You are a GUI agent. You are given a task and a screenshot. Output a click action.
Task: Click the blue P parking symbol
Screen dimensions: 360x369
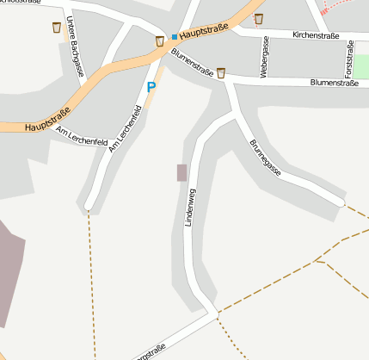pyautogui.click(x=151, y=87)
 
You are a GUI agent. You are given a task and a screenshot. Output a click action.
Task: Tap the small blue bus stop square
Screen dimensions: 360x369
pyautogui.click(x=174, y=37)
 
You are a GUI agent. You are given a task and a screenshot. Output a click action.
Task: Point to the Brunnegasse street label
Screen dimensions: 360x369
pyautogui.click(x=265, y=158)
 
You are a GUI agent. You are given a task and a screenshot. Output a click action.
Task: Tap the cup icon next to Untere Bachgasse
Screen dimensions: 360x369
pyautogui.click(x=57, y=28)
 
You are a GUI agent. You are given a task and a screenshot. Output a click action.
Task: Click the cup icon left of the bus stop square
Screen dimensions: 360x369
pyautogui.click(x=160, y=40)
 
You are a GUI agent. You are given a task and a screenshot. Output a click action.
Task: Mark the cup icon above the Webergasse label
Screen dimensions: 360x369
pyautogui.click(x=259, y=18)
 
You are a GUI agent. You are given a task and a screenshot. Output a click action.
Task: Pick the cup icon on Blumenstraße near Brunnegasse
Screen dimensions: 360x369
pyautogui.click(x=221, y=72)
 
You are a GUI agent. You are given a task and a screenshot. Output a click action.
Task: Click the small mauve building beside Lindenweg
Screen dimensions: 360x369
pyautogui.click(x=181, y=172)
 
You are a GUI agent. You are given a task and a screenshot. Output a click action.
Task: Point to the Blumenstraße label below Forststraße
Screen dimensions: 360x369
pyautogui.click(x=333, y=84)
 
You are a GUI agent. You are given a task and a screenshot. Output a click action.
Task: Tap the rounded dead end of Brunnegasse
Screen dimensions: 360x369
pyautogui.click(x=341, y=202)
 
